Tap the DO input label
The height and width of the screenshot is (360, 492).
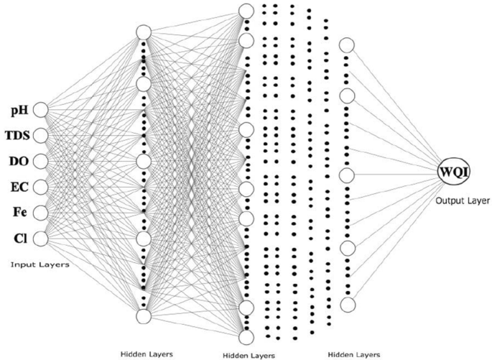18,161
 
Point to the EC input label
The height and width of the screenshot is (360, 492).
19,187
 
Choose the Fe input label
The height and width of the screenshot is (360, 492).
19,212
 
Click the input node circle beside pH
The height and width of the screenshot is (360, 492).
40,110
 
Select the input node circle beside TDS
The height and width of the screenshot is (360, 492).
40,135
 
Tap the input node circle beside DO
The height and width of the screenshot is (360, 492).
40,161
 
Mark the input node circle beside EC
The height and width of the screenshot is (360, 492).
40,187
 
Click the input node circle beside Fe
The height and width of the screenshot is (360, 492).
40,212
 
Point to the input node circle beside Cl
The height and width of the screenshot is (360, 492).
40,238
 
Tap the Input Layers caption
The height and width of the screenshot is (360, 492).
40,264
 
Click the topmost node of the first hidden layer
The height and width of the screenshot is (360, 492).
143,33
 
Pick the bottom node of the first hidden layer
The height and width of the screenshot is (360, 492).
143,316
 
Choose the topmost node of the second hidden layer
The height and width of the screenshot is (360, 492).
246,11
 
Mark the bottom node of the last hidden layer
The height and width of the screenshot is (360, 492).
348,305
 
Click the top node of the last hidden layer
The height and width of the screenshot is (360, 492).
348,45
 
